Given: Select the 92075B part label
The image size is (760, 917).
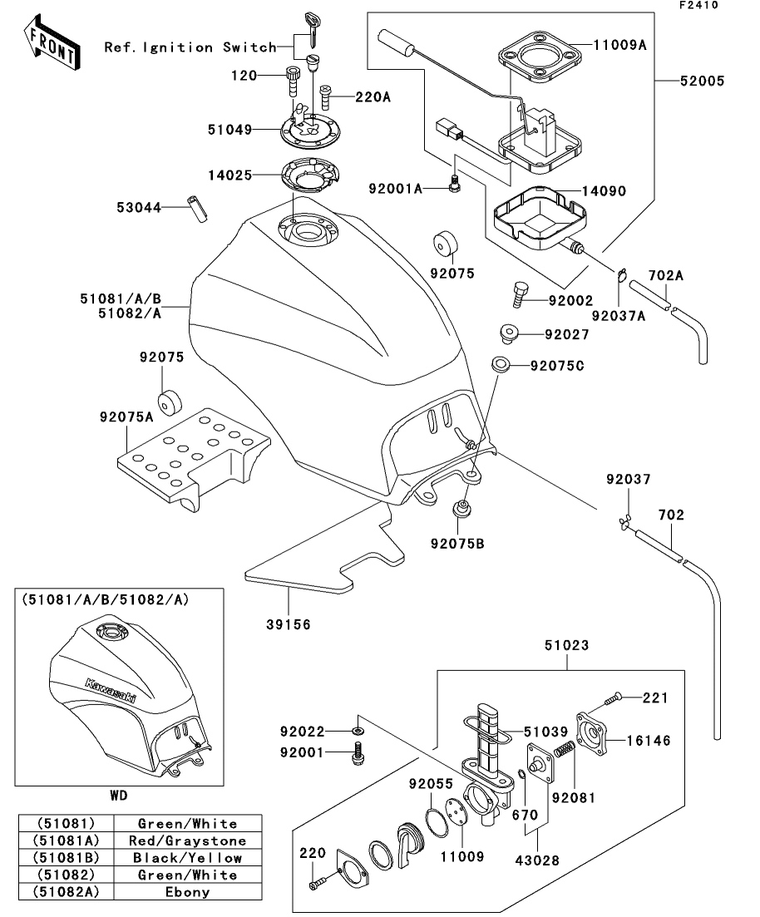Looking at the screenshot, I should (456, 545).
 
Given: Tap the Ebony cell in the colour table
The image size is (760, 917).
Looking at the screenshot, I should (186, 892).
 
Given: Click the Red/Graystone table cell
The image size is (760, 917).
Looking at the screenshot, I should (186, 841).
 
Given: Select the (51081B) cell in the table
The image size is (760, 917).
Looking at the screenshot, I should (64, 858).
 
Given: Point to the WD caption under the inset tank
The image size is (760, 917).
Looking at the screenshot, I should (119, 796).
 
